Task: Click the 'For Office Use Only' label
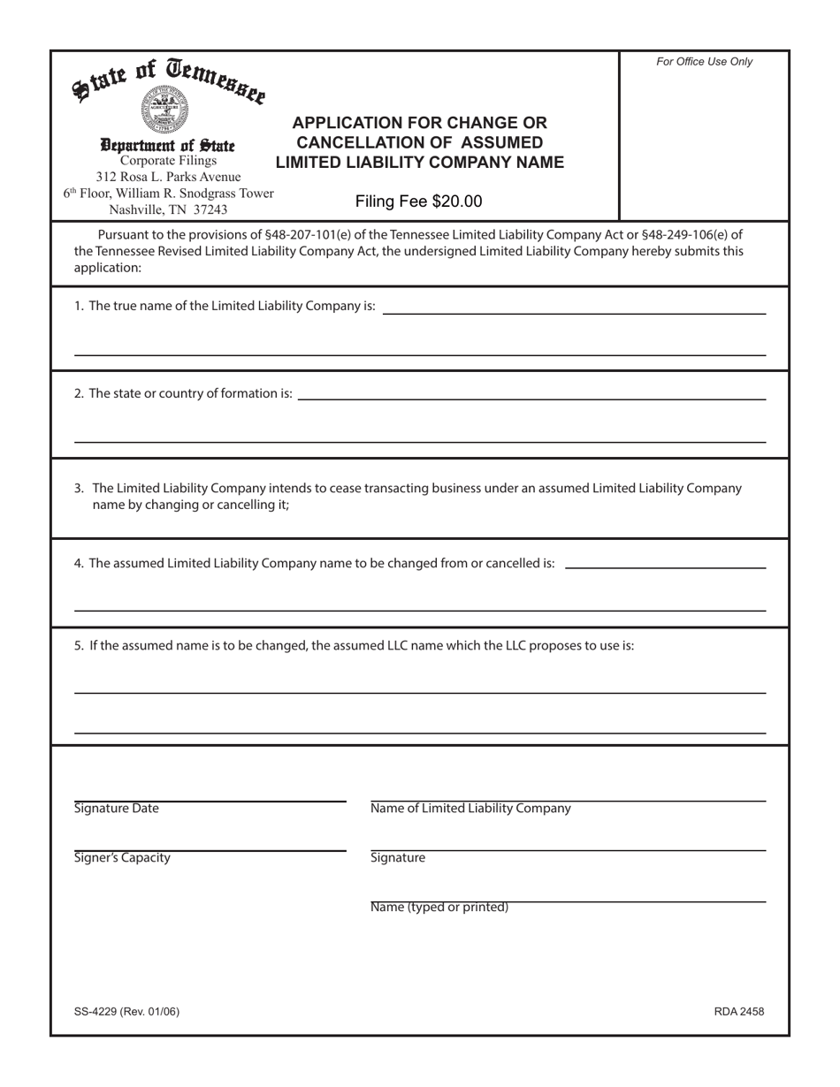704,62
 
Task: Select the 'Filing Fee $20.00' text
418,201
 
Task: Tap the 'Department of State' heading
167,145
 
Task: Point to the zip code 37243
206,209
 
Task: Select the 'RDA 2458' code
738,1012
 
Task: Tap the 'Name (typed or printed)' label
439,908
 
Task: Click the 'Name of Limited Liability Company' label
470,809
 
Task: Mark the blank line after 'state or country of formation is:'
531,398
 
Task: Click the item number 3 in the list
80,488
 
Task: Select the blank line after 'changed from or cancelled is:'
664,566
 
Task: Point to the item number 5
80,645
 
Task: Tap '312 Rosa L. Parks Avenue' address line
168,177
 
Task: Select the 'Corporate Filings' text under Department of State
168,161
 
